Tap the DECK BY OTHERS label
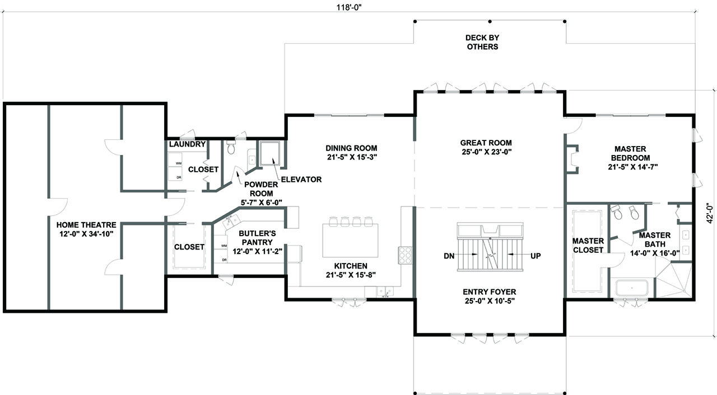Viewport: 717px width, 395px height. [482, 42]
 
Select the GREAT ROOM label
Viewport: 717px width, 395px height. [485, 143]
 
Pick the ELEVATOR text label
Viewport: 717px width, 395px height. [301, 180]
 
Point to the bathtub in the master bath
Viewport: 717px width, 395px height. [632, 289]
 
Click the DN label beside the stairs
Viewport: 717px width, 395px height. [449, 256]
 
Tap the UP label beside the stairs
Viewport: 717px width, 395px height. [536, 256]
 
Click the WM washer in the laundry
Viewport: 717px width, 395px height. [179, 163]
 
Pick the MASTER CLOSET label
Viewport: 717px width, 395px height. [588, 246]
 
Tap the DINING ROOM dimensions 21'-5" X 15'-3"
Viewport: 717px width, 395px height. [352, 157]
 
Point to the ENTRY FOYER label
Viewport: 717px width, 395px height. [489, 291]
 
